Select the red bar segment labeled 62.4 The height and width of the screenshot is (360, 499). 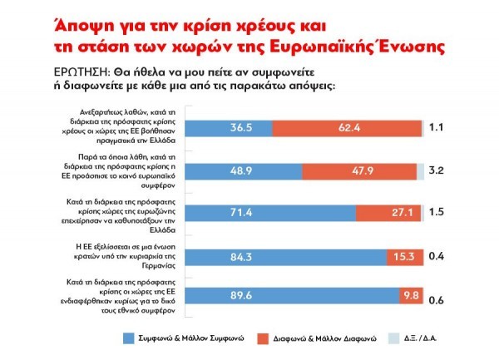(346, 129)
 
